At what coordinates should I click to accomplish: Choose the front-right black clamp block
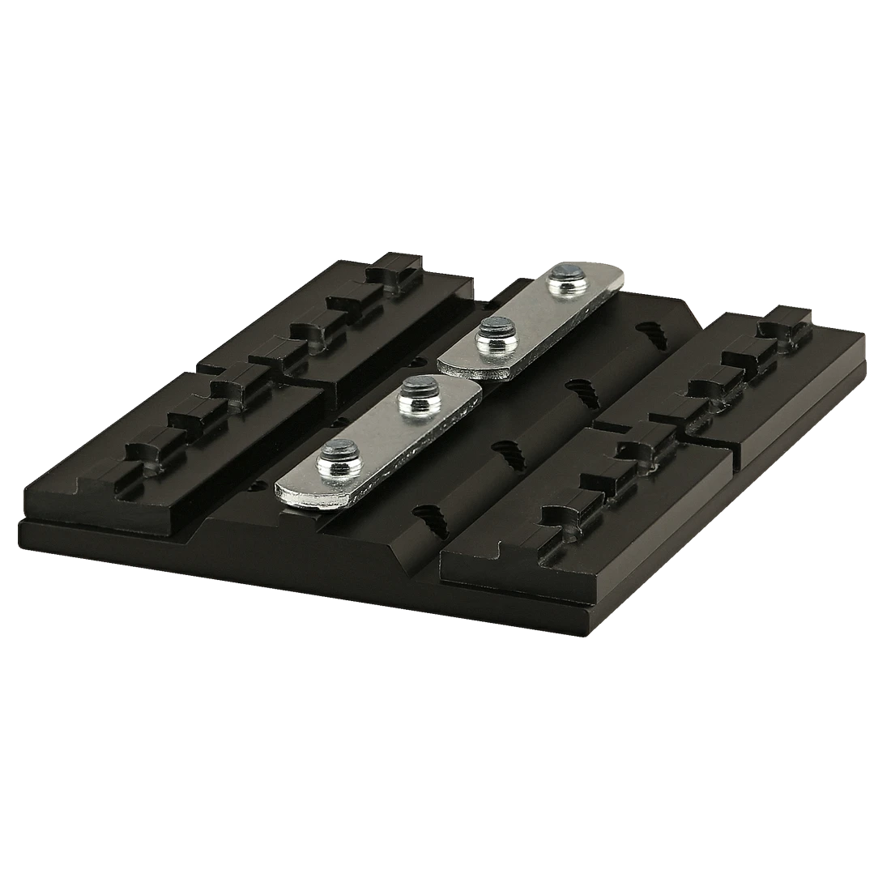click(583, 510)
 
